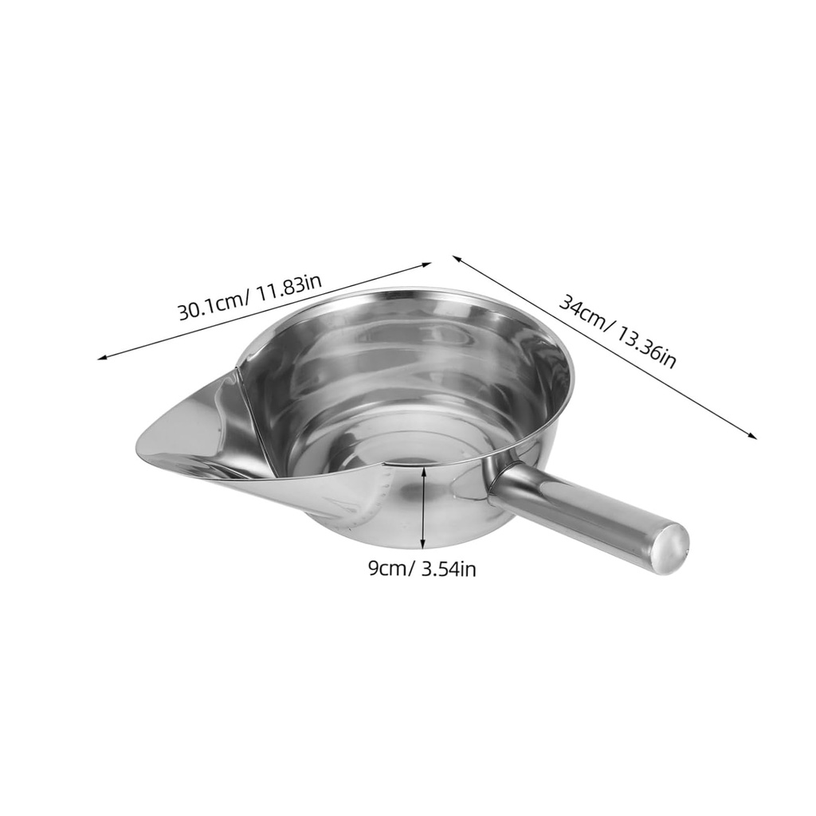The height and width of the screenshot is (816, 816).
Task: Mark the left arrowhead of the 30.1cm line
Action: click(x=101, y=358)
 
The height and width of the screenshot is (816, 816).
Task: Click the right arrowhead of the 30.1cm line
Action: click(x=428, y=264)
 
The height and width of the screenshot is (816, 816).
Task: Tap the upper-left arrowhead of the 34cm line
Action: click(x=456, y=257)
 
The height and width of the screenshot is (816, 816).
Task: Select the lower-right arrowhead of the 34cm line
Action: click(x=753, y=436)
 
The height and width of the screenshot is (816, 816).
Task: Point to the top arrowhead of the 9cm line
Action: click(x=423, y=470)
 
